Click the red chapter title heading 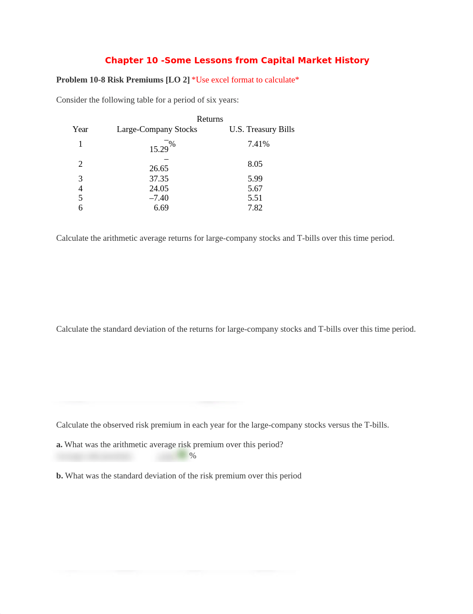237,60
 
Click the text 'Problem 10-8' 81,80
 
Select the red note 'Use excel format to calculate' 245,80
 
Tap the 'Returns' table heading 210,119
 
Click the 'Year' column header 80,129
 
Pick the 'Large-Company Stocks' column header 157,129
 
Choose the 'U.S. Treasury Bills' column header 262,129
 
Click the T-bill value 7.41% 258,144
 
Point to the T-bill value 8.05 255,164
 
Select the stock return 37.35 159,179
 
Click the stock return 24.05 159,189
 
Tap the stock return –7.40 159,198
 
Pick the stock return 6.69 161,208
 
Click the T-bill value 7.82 255,208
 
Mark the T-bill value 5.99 255,179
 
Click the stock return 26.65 159,169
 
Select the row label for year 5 80,198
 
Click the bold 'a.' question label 59,445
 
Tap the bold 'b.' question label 60,476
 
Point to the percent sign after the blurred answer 193,456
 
